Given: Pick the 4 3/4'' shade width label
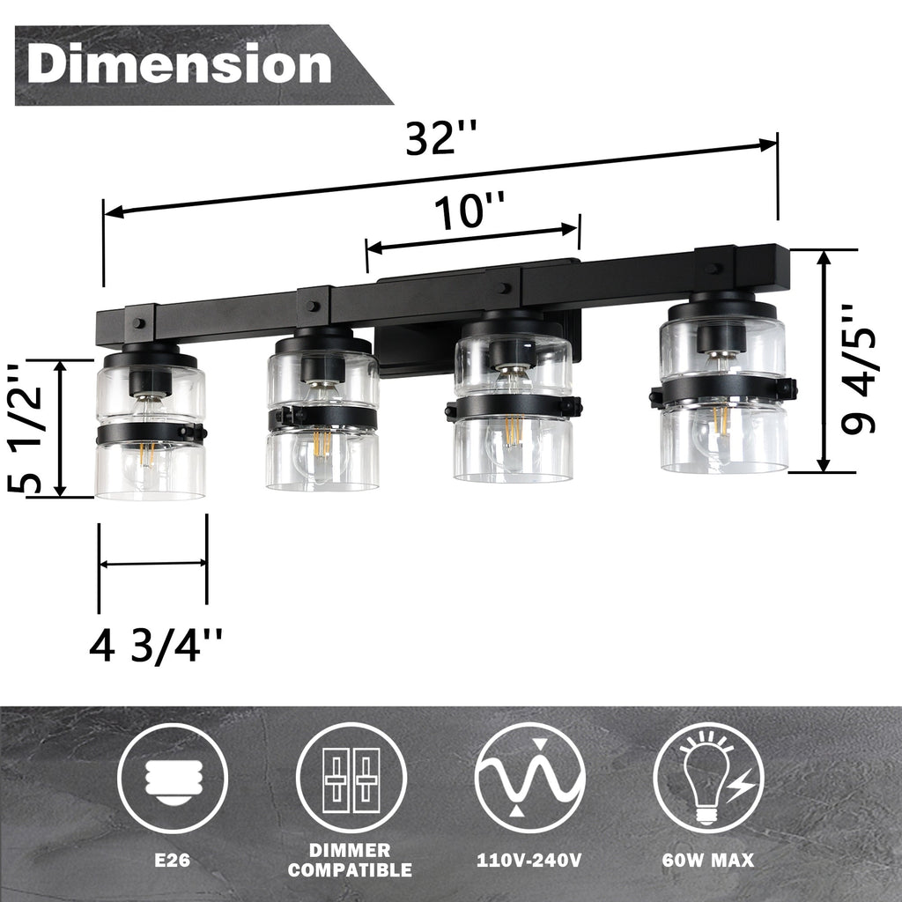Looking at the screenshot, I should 155,647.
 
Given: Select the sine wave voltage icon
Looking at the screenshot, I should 529,778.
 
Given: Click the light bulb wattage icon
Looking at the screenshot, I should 708,778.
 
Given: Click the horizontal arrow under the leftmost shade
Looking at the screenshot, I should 152,564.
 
